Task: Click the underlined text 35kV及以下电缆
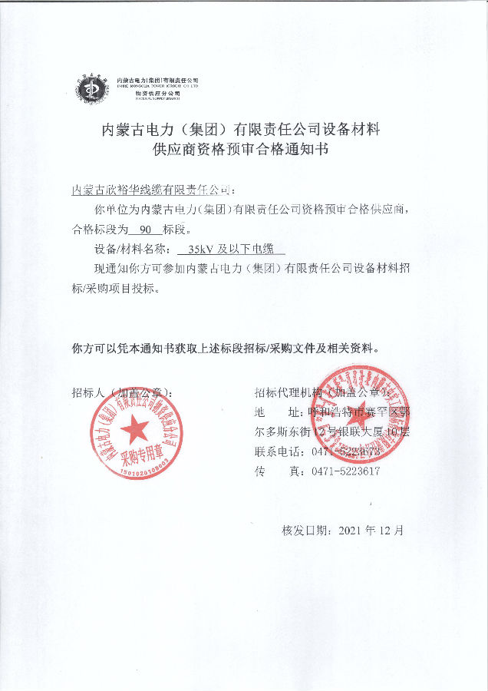(231, 250)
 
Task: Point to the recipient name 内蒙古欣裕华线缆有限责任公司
(151, 188)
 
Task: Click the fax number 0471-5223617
(345, 471)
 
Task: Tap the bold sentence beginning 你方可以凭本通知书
(226, 348)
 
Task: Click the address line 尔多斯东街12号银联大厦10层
(331, 431)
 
